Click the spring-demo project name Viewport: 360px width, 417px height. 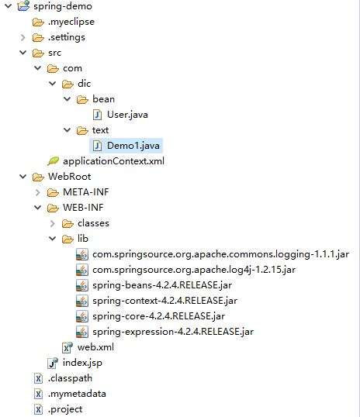coord(63,6)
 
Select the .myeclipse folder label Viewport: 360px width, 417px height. coord(71,22)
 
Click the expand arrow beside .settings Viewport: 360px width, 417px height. coord(23,37)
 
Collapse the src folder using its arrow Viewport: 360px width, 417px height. coord(23,53)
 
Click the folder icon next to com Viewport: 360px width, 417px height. coord(53,69)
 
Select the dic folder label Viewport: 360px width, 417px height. coord(84,84)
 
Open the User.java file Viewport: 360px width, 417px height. coord(127,115)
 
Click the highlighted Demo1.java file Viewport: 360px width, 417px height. coord(133,146)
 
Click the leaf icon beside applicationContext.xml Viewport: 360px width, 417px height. coord(53,161)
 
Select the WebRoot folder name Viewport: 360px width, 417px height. coord(70,177)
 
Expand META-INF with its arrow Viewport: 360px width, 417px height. coord(38,192)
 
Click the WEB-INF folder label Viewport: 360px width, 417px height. coord(83,208)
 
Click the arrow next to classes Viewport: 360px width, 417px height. coord(53,223)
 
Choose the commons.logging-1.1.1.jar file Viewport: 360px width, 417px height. coord(220,254)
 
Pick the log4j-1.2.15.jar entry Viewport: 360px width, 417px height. coord(194,270)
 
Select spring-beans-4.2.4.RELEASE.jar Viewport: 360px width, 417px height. coord(162,285)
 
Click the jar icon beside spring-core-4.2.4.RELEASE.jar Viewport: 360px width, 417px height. coord(82,316)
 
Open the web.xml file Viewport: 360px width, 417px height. coord(95,347)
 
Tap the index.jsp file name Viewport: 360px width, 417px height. coord(82,363)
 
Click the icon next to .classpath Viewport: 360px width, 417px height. coord(38,378)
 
